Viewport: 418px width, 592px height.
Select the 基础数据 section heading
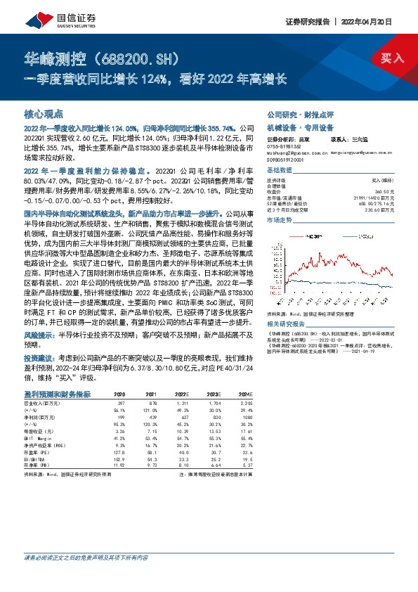tap(280, 171)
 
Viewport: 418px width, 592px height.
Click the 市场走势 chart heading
tap(280, 219)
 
